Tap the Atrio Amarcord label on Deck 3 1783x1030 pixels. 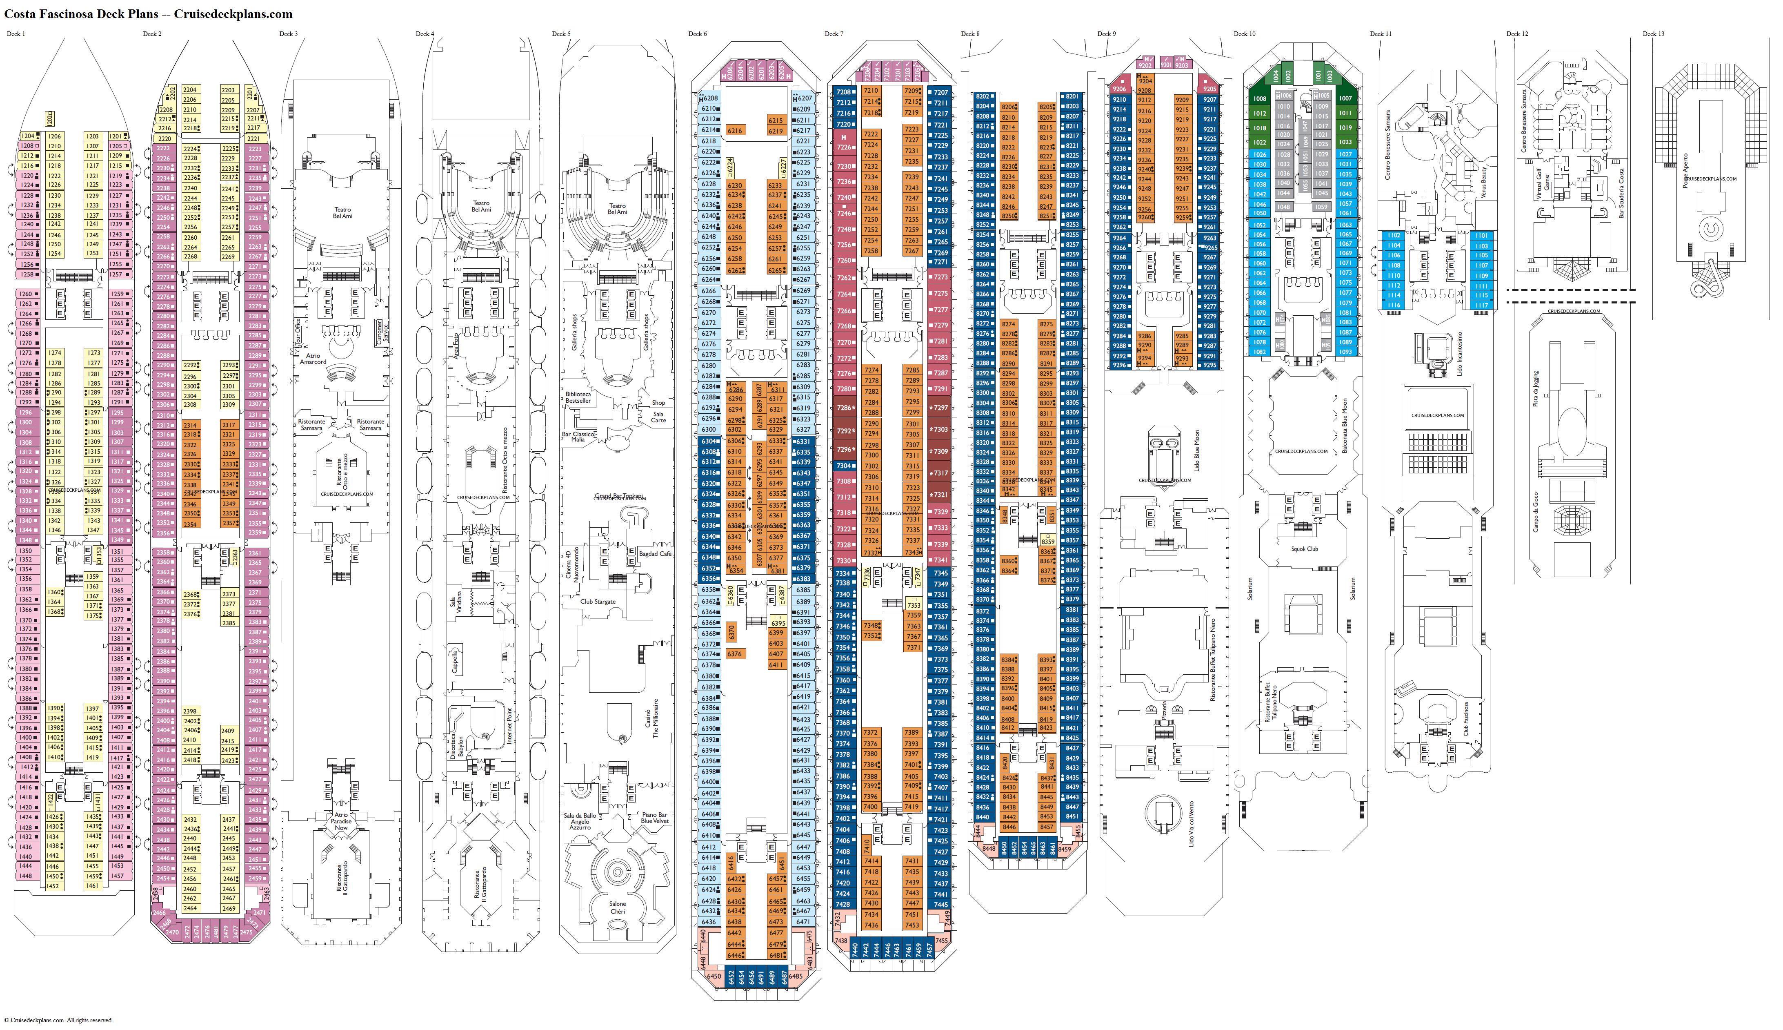pyautogui.click(x=313, y=359)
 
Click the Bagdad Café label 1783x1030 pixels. pyautogui.click(x=655, y=554)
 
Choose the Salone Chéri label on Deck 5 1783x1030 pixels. pyautogui.click(x=617, y=907)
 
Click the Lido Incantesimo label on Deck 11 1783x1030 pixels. pyautogui.click(x=1458, y=354)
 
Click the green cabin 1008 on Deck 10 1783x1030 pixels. pyautogui.click(x=1260, y=99)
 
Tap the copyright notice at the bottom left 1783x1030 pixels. pyautogui.click(x=58, y=1020)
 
